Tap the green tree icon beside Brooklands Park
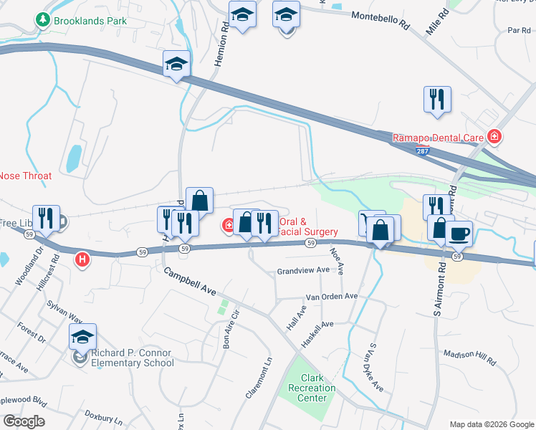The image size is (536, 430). point(43,20)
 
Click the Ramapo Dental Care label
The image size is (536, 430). point(438,137)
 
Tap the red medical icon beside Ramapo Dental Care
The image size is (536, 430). point(493,136)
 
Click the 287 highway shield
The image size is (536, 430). point(423,150)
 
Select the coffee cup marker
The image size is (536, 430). point(459,233)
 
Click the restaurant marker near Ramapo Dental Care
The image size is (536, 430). point(437,100)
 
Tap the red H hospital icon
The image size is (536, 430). point(82,259)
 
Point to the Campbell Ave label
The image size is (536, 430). point(190,282)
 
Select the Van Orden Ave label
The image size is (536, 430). point(331,296)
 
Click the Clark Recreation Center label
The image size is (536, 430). point(317,388)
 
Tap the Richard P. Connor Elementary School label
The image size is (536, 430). point(132,358)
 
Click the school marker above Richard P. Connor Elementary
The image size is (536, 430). point(82,337)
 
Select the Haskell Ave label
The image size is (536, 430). point(317,334)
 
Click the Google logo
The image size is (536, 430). point(24,421)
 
